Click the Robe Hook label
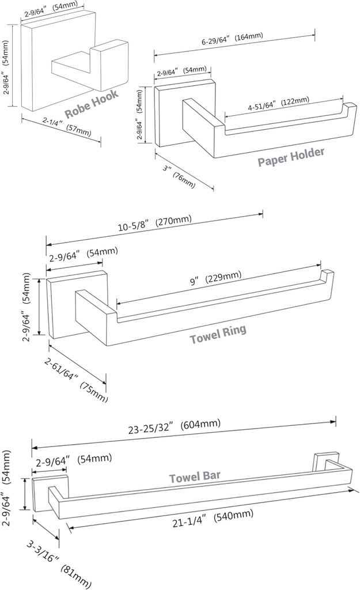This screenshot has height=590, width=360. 91,103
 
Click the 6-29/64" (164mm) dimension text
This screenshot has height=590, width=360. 232,39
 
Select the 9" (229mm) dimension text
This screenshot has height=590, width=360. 216,278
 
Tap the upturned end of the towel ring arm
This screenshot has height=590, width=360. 327,277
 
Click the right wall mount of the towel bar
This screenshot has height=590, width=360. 321,460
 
